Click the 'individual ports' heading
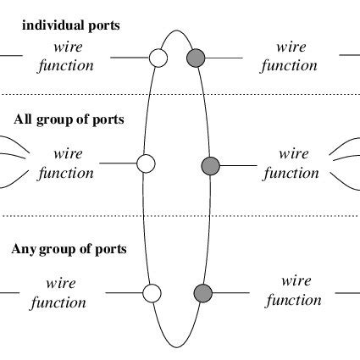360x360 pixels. pyautogui.click(x=70, y=25)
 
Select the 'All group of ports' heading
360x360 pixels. pyautogui.click(x=69, y=119)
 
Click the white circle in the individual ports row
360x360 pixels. pyautogui.click(x=157, y=58)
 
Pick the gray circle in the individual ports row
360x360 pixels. pyautogui.click(x=196, y=58)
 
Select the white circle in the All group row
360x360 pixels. pyautogui.click(x=146, y=163)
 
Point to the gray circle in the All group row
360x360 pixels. pyautogui.click(x=210, y=164)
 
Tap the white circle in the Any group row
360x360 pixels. pyautogui.click(x=152, y=293)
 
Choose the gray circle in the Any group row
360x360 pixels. pyautogui.click(x=202, y=293)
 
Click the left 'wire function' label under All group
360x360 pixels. pyautogui.click(x=66, y=163)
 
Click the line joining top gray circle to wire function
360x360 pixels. pyautogui.click(x=225, y=58)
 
